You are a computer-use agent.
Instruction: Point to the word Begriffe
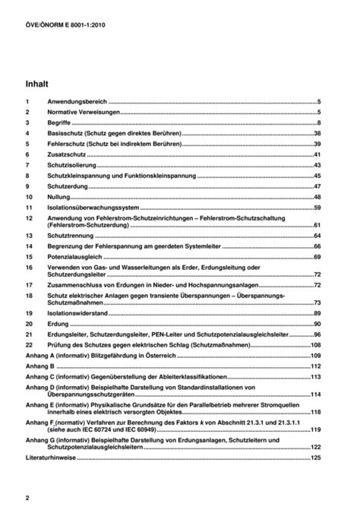point(62,122)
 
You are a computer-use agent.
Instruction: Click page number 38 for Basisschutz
point(318,132)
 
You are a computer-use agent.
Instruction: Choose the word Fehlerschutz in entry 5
point(65,143)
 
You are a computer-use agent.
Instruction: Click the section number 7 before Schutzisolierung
point(27,164)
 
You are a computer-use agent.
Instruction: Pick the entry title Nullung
point(59,196)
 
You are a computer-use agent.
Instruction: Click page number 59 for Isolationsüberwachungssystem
point(318,207)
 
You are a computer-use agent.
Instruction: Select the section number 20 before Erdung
point(29,324)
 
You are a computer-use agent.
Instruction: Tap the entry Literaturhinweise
point(54,458)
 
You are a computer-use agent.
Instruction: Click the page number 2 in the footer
point(27,497)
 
